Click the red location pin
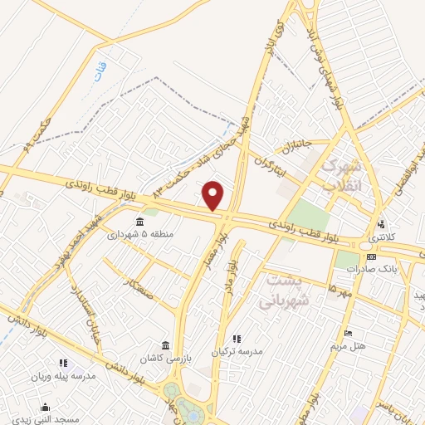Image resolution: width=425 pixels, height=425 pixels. [214, 195]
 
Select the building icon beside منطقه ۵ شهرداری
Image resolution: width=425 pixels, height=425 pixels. [139, 221]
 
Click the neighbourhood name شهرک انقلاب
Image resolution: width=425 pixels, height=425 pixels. [342, 175]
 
